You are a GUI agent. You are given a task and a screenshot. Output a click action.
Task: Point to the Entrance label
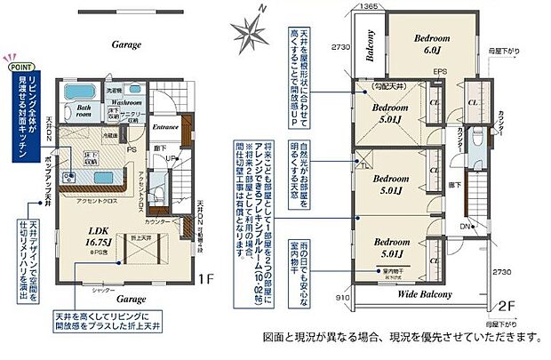click(x=165, y=125)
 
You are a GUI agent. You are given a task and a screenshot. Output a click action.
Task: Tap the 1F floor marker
click(x=206, y=279)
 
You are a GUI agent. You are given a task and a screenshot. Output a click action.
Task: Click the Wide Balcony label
click(x=422, y=292)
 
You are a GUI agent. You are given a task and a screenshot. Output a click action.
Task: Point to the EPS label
click(x=439, y=73)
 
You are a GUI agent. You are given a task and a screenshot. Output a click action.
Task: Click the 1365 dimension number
click(x=345, y=6)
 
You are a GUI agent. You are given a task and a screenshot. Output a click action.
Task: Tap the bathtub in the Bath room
click(x=78, y=97)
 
